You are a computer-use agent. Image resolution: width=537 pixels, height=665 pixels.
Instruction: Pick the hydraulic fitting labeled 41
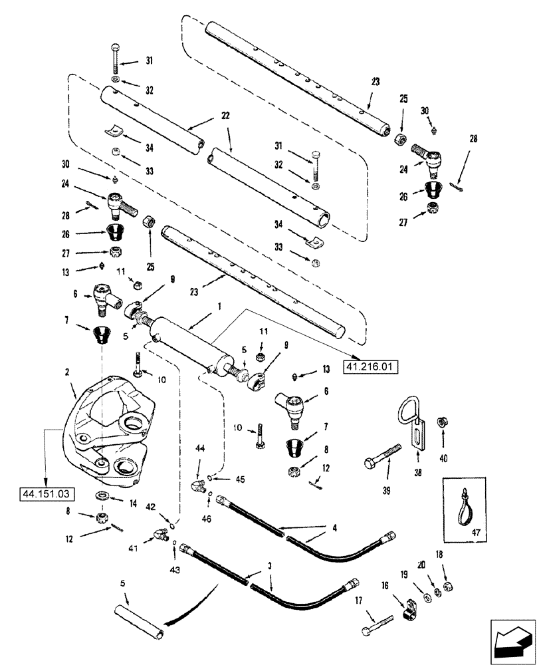(x=158, y=533)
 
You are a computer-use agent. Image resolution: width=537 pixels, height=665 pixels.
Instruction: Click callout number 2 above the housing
(x=70, y=375)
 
